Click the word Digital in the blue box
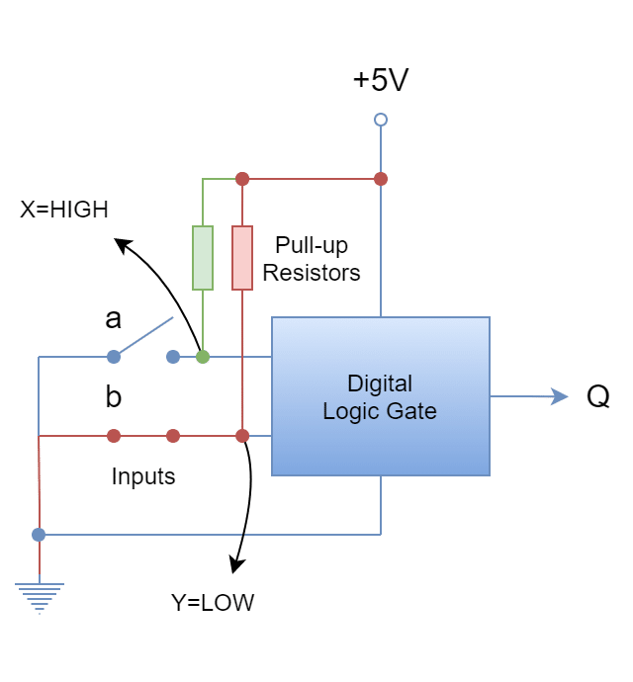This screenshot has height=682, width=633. (x=380, y=384)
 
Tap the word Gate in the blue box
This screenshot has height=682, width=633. (x=415, y=411)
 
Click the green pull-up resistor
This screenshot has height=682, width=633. (x=202, y=258)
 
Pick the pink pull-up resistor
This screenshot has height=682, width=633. (x=241, y=258)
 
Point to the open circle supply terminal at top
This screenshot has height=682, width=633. (x=380, y=120)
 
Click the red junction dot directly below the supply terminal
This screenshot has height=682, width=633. (x=380, y=179)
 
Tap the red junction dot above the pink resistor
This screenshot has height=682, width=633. (x=241, y=179)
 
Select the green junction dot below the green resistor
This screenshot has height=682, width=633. (x=202, y=356)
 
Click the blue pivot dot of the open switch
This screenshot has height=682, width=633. (x=114, y=356)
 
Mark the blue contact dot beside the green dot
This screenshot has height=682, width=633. (x=173, y=356)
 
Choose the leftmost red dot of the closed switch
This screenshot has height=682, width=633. (x=114, y=435)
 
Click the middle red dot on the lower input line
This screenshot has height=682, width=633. (x=173, y=435)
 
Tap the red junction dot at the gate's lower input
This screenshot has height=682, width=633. (x=241, y=435)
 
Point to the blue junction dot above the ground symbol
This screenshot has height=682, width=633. (x=38, y=534)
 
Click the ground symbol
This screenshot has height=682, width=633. (x=39, y=597)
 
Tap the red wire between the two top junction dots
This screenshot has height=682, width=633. (x=311, y=179)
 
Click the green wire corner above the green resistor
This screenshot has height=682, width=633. (x=202, y=180)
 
